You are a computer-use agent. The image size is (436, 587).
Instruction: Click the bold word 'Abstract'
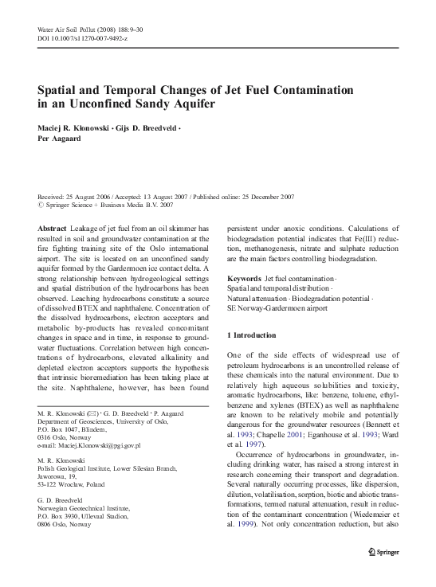click(52, 227)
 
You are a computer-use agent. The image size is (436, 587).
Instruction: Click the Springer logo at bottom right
click(387, 572)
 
